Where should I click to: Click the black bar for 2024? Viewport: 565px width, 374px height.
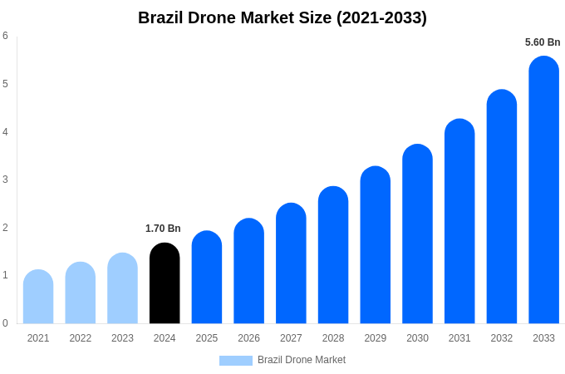click(x=165, y=283)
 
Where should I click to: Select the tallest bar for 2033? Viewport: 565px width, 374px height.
click(x=543, y=190)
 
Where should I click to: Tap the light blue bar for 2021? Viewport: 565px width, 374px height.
click(x=38, y=297)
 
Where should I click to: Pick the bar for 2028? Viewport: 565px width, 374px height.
click(x=333, y=255)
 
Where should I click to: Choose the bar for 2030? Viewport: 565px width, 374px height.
click(x=417, y=234)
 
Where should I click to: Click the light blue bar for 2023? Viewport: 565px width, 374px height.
click(x=122, y=288)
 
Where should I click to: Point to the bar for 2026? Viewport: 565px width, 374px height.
click(x=248, y=271)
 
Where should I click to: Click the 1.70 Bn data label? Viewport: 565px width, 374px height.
click(x=163, y=229)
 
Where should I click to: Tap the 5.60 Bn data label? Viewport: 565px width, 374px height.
click(x=543, y=42)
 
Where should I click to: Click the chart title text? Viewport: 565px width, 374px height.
click(x=282, y=17)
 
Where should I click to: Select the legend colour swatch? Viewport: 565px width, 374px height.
click(x=236, y=361)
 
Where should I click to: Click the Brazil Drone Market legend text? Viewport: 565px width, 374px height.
click(x=302, y=360)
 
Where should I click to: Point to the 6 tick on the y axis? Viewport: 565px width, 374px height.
click(x=5, y=36)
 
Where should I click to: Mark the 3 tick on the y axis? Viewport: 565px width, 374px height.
click(x=5, y=180)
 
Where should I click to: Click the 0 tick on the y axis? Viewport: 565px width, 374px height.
click(x=5, y=323)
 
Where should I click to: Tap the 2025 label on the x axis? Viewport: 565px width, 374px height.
click(x=207, y=338)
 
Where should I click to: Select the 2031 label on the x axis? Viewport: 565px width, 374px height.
click(x=459, y=338)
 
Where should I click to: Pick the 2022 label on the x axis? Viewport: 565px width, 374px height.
click(x=81, y=338)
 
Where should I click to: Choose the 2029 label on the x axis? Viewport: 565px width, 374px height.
click(x=376, y=338)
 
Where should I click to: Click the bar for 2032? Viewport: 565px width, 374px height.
click(x=502, y=207)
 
